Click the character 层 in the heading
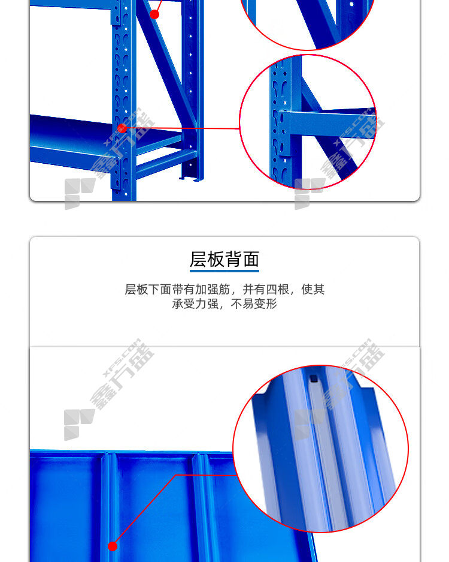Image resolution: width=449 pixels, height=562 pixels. [198, 259]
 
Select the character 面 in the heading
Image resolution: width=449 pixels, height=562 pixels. [251, 259]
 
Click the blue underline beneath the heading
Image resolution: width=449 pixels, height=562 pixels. [224, 271]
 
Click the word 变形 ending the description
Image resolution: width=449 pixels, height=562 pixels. [266, 304]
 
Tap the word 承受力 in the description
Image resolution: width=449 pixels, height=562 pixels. [189, 304]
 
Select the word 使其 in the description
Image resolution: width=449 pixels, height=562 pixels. [313, 289]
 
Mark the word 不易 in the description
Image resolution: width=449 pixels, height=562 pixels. [242, 304]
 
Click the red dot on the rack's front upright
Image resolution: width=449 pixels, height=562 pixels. [122, 128]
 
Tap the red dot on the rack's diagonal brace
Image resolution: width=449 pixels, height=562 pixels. [154, 14]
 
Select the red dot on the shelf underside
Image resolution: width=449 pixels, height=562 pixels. [113, 546]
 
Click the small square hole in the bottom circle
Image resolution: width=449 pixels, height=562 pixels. [314, 378]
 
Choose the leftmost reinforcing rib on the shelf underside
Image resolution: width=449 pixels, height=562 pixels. [106, 506]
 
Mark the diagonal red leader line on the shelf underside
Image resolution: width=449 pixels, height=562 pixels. [144, 509]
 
